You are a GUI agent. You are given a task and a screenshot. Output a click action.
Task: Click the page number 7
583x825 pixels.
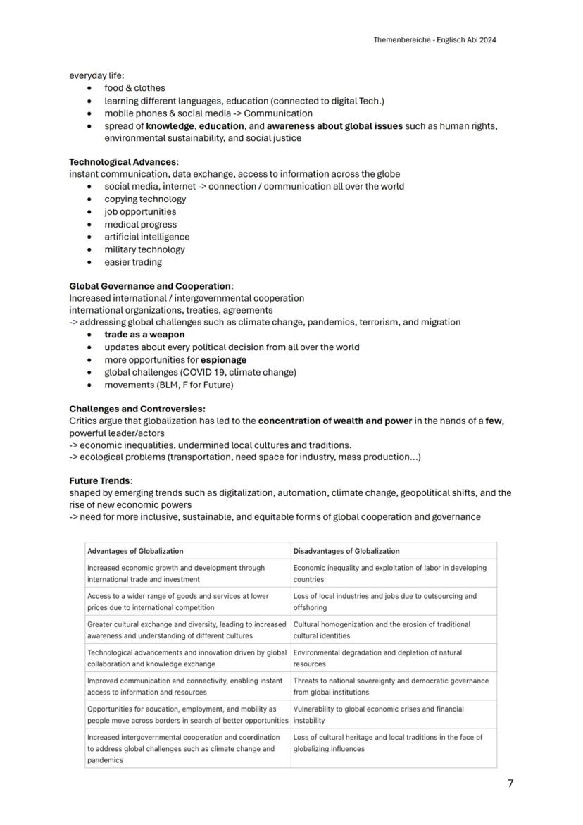pyautogui.click(x=510, y=783)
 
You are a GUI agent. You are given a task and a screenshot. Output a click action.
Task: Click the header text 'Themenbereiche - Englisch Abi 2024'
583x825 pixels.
pyautogui.click(x=434, y=40)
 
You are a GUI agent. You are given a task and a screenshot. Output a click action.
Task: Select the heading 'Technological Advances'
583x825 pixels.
pyautogui.click(x=123, y=161)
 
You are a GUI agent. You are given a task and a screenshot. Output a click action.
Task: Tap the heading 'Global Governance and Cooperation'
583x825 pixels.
pyautogui.click(x=150, y=286)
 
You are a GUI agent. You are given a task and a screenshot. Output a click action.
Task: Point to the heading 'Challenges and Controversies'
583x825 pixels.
pyautogui.click(x=137, y=409)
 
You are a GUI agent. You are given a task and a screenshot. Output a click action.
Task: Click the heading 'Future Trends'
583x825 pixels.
pyautogui.click(x=100, y=480)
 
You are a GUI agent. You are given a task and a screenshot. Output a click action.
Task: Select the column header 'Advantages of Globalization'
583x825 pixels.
pyautogui.click(x=135, y=551)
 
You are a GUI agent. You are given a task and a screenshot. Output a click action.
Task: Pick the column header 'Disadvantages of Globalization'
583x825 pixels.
pyautogui.click(x=346, y=551)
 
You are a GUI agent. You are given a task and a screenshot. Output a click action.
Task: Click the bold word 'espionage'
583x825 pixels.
pyautogui.click(x=223, y=359)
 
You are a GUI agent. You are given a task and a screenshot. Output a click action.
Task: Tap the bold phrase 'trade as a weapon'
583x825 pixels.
pyautogui.click(x=144, y=335)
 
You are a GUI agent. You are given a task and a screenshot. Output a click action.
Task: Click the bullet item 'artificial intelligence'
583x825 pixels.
pyautogui.click(x=146, y=237)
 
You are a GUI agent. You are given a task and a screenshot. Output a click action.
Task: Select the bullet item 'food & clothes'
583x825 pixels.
pyautogui.click(x=134, y=88)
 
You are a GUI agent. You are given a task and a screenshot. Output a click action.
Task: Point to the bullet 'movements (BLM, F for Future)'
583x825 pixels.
pyautogui.click(x=168, y=385)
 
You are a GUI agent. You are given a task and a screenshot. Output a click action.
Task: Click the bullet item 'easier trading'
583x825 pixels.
pyautogui.click(x=133, y=262)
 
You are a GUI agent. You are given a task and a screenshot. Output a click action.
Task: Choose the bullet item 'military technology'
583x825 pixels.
pyautogui.click(x=144, y=249)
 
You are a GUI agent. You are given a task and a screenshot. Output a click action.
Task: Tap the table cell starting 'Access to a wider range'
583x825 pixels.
pyautogui.click(x=177, y=601)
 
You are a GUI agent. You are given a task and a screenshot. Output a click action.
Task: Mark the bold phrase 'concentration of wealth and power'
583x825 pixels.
pyautogui.click(x=334, y=421)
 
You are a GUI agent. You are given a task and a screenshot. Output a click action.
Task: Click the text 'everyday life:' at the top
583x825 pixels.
pyautogui.click(x=96, y=75)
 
